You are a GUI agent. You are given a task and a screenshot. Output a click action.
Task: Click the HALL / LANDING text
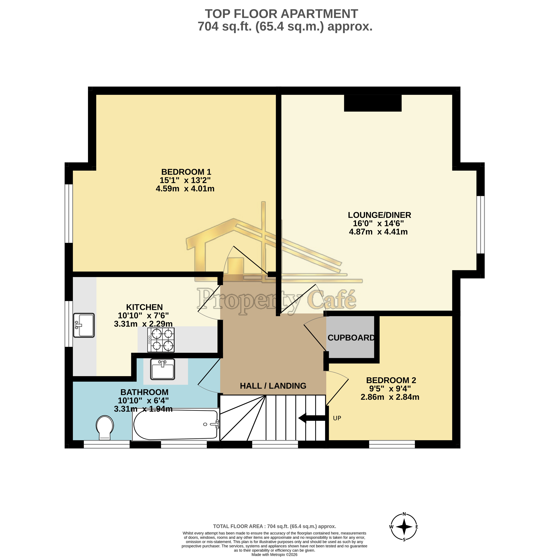coord(273,386)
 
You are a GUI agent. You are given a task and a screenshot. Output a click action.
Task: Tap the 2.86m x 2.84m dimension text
coord(390,397)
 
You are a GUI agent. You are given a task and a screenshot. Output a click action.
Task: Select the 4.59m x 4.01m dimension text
coord(185,189)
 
